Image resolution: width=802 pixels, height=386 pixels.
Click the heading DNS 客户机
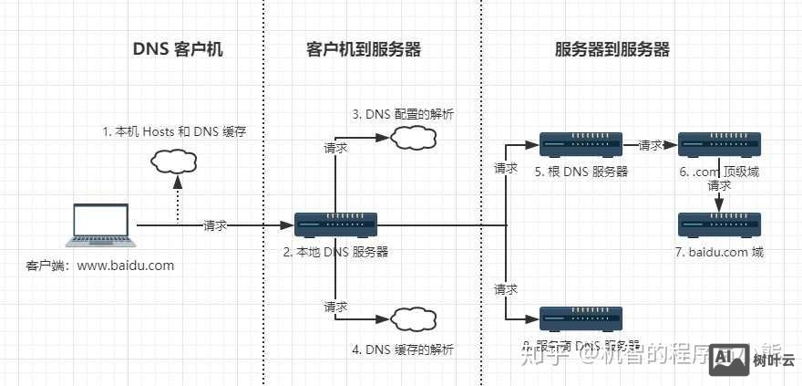tap(178, 50)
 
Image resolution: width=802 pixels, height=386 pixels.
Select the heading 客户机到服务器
tap(364, 50)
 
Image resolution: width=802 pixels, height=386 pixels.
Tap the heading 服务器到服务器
tap(612, 50)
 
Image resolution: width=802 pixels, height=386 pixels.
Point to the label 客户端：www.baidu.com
tap(99, 266)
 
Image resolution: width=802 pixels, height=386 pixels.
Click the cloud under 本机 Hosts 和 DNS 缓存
tap(174, 162)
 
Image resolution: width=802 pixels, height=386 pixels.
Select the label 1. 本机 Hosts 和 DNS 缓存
tap(174, 132)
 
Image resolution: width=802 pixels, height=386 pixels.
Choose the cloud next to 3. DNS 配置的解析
tap(411, 139)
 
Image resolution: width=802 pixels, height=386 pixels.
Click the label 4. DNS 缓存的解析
tap(402, 349)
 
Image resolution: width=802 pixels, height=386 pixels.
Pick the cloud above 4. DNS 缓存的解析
tap(411, 319)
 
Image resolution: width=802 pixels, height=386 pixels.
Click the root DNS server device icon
tap(581, 144)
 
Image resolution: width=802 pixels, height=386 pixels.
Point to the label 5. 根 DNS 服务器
tap(582, 172)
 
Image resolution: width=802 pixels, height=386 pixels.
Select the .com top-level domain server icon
tap(720, 144)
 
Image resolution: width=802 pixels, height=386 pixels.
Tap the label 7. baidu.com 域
tap(720, 252)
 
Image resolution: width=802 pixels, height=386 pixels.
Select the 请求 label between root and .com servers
tap(651, 145)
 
